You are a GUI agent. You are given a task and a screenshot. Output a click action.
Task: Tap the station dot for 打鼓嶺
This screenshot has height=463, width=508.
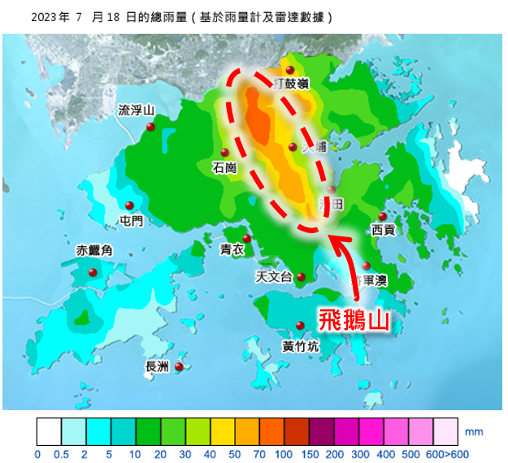289,70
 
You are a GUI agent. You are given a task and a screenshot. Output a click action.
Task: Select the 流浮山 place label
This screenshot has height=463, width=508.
136,110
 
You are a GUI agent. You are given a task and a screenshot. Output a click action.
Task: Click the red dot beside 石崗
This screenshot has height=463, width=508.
225,152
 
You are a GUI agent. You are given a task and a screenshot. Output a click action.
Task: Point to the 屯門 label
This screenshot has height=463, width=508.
131,221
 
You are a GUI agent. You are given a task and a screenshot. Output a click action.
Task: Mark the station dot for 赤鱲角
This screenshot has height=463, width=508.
93,272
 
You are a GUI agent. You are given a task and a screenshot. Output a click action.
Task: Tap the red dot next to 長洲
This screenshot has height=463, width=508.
179,366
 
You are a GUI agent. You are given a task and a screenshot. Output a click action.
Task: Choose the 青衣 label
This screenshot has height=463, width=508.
232,250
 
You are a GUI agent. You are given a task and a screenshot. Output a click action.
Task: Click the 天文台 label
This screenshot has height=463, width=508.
274,277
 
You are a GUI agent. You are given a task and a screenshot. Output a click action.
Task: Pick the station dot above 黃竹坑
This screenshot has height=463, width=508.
300,326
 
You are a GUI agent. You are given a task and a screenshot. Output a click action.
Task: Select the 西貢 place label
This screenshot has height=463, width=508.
383,230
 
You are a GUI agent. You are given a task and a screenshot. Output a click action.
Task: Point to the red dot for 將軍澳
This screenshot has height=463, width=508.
367,266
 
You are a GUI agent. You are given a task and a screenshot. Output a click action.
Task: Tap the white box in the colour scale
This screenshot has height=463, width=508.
49,430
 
